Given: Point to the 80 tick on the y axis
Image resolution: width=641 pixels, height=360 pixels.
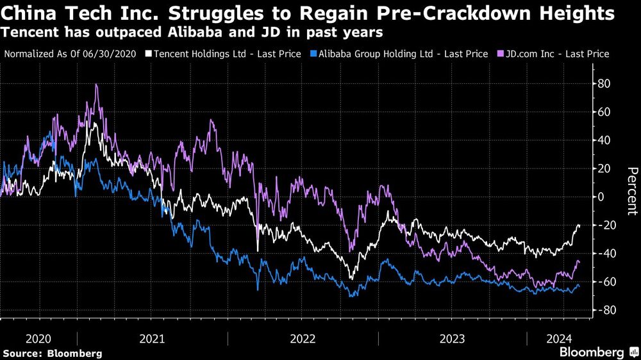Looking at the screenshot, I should point(604,84).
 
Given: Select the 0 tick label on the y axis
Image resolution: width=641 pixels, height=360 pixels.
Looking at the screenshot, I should point(601,197).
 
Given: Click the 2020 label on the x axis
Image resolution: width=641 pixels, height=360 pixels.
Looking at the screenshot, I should point(38,338).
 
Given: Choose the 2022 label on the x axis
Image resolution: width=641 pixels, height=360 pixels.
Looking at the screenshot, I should point(302,338).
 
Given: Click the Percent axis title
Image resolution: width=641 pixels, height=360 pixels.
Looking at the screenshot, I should point(632,190).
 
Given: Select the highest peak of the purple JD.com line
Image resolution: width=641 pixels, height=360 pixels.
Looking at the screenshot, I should point(96,85).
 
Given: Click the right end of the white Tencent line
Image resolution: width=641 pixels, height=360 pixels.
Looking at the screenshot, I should point(579,225).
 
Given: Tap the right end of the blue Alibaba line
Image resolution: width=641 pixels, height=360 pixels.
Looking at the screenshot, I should point(579,286).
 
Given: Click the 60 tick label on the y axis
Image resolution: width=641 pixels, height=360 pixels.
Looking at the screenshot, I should point(604,112).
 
